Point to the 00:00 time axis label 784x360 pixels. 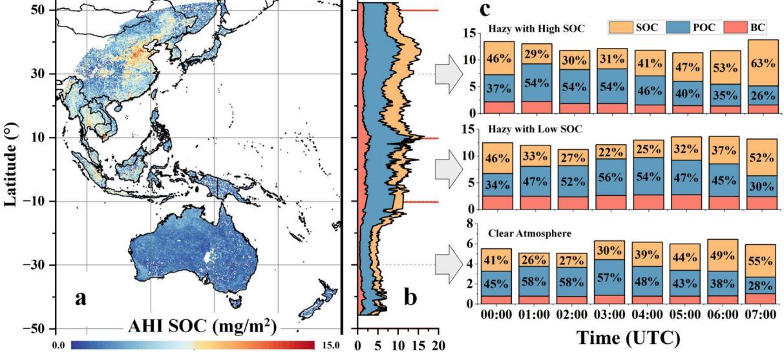[498, 316]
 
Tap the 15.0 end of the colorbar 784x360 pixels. [329, 346]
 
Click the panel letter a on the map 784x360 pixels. [81, 299]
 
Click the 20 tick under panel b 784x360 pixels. [439, 346]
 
